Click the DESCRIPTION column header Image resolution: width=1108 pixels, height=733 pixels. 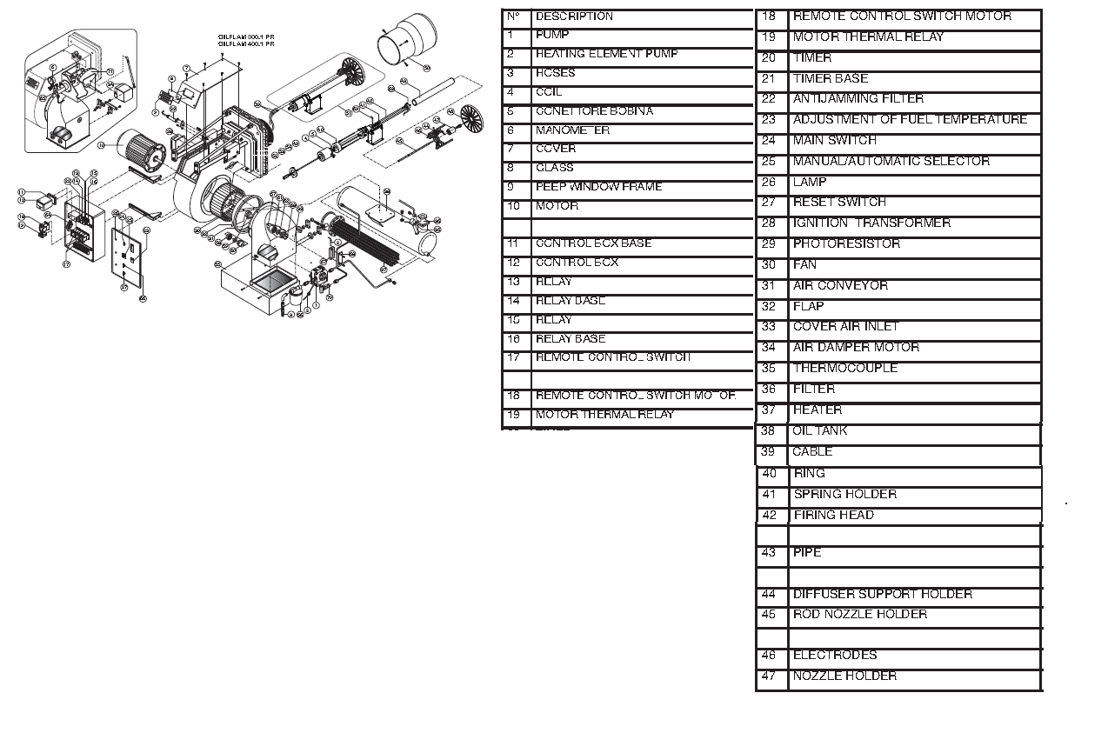[x=574, y=17]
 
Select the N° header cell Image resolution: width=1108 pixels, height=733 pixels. [x=513, y=17]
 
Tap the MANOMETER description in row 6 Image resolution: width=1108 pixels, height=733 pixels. [x=572, y=130]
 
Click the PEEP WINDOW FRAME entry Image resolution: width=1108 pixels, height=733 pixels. [x=598, y=187]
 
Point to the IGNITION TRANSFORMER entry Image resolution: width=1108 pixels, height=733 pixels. [x=871, y=223]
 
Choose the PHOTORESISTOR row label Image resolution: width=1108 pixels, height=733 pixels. [x=845, y=244]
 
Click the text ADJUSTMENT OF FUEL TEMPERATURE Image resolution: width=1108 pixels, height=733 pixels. [x=910, y=120]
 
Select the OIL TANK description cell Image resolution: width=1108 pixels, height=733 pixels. [x=819, y=431]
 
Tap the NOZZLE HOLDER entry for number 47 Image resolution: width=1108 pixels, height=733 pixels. [x=844, y=676]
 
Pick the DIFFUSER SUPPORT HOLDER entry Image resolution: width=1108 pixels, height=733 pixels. [x=882, y=595]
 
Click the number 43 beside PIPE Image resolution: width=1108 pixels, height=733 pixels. [x=768, y=553]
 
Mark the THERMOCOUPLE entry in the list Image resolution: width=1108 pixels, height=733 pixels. [x=844, y=369]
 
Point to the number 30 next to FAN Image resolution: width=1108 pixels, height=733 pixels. [x=768, y=265]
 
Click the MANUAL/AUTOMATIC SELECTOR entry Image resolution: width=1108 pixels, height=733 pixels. [x=891, y=162]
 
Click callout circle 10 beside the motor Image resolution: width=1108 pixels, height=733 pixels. [x=101, y=146]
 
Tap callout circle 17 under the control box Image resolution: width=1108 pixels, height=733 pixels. [x=66, y=264]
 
